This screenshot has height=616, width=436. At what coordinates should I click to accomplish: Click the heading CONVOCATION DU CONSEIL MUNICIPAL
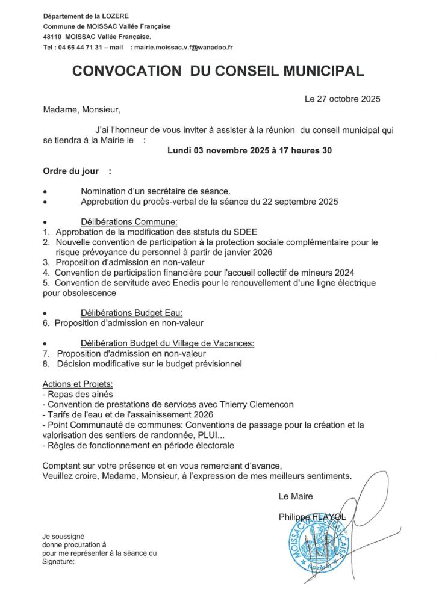[218, 72]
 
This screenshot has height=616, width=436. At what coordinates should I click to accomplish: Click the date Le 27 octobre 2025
[343, 98]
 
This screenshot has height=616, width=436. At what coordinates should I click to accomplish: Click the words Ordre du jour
[66, 171]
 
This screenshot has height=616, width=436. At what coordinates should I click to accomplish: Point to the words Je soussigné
[63, 535]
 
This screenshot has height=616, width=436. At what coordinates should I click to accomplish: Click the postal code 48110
[53, 37]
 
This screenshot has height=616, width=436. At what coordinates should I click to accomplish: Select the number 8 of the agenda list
[46, 364]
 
